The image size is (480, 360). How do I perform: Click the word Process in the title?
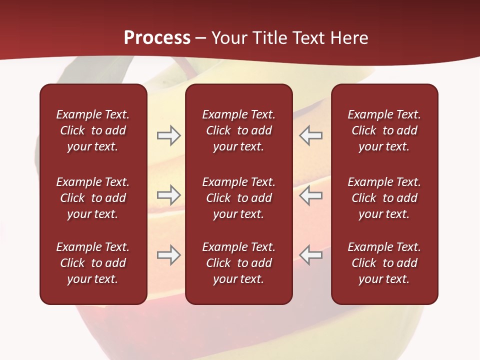(157, 38)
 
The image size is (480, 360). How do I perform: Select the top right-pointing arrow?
(168, 135)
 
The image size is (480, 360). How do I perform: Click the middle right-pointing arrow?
(168, 195)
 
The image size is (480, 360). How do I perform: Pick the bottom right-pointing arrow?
(168, 255)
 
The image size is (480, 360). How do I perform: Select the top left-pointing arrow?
(310, 135)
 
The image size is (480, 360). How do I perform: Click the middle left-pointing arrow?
(310, 195)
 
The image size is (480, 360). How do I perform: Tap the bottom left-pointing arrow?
(310, 255)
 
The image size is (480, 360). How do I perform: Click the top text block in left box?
(93, 130)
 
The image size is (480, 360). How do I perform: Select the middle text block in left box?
(93, 198)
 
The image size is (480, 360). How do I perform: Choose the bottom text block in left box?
(93, 263)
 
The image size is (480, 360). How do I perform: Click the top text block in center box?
(238, 130)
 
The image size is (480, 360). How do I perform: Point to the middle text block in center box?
(238, 198)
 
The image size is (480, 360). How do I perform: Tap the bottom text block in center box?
(238, 263)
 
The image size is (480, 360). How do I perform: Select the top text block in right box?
(384, 130)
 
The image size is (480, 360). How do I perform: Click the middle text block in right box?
(384, 198)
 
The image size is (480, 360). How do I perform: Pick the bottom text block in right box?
(384, 263)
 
